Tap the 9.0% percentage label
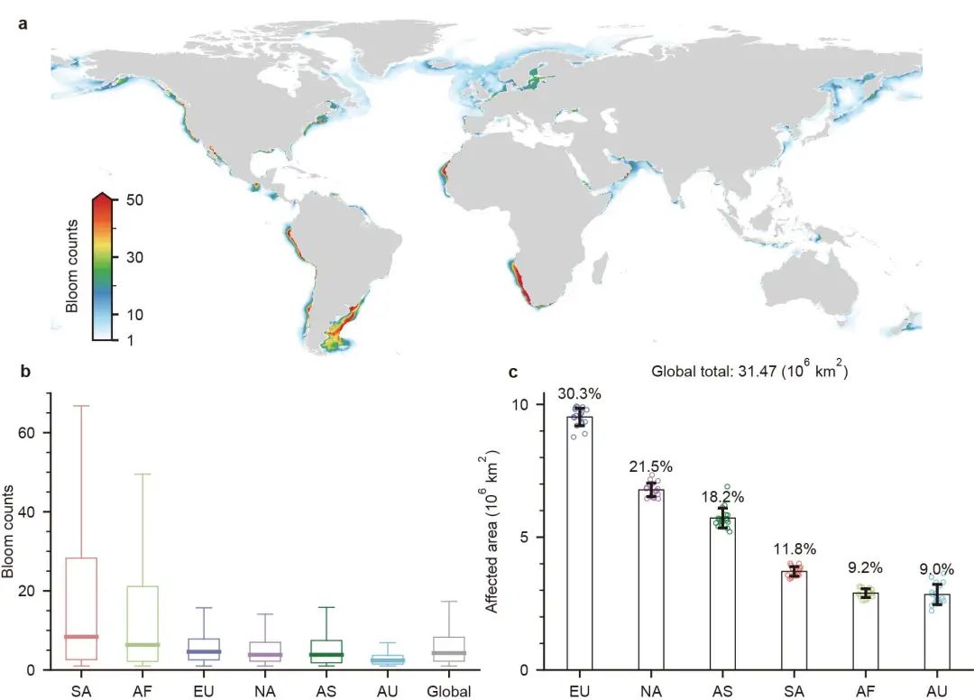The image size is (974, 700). pos(935,568)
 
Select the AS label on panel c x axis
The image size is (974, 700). pos(721,692)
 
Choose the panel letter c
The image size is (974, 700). pos(514,372)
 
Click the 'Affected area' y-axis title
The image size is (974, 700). pos(492,535)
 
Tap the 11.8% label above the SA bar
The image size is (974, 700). pos(793,548)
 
